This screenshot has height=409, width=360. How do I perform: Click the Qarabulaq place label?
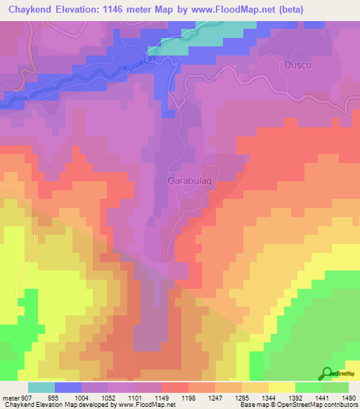coord(190,180)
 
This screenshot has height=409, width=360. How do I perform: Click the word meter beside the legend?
coord(10,398)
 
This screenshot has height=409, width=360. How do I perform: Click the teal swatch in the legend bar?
coord(41,387)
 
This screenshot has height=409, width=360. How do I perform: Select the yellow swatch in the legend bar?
coord(281,387)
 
